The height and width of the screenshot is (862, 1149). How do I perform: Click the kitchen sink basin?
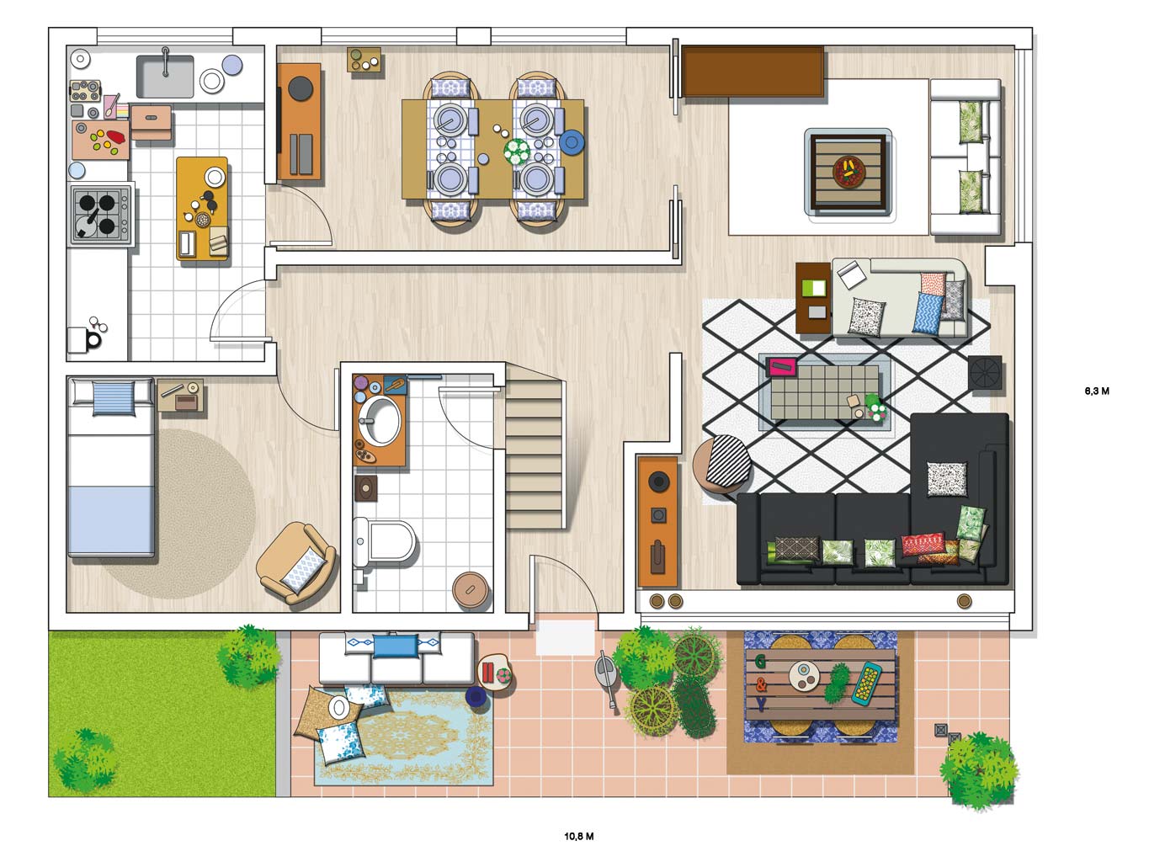[165, 77]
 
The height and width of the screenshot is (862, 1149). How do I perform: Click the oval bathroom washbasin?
[380, 421]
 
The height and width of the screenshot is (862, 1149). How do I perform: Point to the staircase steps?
[534, 454]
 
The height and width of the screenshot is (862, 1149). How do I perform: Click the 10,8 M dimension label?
[579, 837]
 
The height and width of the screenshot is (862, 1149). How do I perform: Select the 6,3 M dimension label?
[1097, 391]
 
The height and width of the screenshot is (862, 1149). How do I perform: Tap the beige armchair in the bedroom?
[296, 562]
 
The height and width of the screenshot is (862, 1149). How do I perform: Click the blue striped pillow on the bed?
[114, 398]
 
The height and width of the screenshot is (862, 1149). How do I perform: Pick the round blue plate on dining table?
[572, 141]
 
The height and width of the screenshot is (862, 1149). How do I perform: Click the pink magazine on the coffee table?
[781, 367]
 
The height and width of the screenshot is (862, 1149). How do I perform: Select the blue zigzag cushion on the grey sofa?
[928, 313]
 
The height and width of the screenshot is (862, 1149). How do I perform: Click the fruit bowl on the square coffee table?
[848, 172]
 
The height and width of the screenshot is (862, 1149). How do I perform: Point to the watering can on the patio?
[607, 678]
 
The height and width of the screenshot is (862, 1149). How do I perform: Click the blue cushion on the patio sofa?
[396, 646]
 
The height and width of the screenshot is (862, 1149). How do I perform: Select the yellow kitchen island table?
[202, 208]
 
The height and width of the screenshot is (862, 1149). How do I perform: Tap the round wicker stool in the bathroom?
[471, 590]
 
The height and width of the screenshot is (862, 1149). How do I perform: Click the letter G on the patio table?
[761, 662]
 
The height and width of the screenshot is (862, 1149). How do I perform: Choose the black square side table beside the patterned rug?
[985, 373]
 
